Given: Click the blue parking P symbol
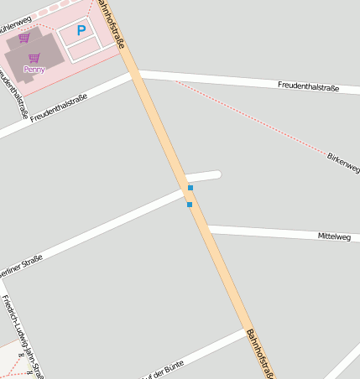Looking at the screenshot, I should (81, 31).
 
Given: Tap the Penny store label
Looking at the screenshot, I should (34, 70).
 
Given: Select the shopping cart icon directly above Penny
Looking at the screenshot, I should (34, 58).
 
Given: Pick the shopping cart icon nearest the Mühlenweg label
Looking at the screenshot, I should (23, 38).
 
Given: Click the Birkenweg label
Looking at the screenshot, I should (343, 163).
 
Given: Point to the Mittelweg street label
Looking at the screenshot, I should (333, 236).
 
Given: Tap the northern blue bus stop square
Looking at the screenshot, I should (190, 188).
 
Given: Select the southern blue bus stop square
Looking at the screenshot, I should (190, 205).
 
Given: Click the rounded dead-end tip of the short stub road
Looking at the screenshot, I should (217, 174).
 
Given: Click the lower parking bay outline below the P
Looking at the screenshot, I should (86, 49).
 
